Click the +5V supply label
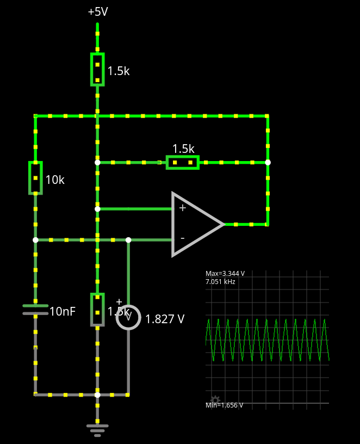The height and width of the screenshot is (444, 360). (x=98, y=11)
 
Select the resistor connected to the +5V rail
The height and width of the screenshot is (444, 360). (x=97, y=69)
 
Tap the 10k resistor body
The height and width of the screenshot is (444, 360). (x=35, y=177)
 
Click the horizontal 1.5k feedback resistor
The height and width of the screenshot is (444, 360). (x=182, y=162)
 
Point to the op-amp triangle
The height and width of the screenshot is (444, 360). (x=196, y=224)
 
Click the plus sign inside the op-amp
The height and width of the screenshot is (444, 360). (x=182, y=208)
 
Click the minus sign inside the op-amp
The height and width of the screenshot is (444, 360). (x=182, y=238)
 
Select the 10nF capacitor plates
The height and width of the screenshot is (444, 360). (x=35, y=310)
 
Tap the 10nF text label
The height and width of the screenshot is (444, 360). (x=63, y=312)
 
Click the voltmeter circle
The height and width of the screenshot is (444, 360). (x=128, y=317)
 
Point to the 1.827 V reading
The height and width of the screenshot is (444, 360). (x=165, y=319)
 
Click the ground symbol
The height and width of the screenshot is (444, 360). (x=97, y=430)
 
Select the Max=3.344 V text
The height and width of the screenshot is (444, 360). (x=225, y=274)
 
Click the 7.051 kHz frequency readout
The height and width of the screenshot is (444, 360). (x=220, y=282)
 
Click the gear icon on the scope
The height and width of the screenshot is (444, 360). (x=215, y=400)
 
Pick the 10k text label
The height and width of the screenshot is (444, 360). (x=55, y=180)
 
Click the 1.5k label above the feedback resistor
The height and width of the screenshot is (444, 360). (x=183, y=149)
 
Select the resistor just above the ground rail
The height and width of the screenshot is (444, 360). (x=97, y=309)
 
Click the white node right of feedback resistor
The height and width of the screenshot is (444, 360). (x=268, y=162)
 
